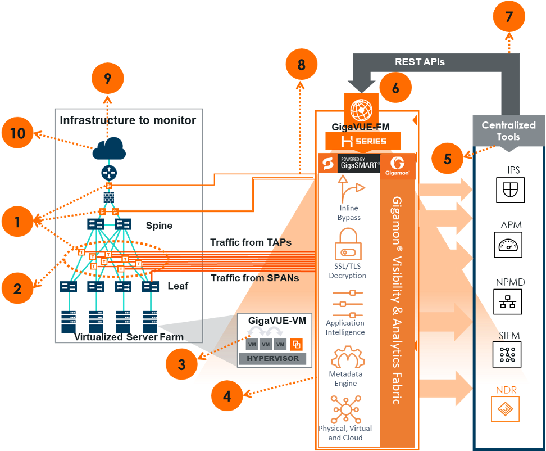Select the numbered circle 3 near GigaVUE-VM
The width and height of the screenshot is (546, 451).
pos(181,364)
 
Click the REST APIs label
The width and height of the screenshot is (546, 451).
pos(420,62)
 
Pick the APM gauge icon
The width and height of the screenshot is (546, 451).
pos(510,245)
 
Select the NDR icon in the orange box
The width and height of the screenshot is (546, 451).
pos(505,409)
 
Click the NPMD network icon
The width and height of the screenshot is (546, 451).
pos(509,302)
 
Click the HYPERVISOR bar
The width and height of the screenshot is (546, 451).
pos(272,358)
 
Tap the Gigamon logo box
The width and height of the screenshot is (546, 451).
pos(398,166)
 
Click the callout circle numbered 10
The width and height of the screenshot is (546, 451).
pos(18,133)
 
